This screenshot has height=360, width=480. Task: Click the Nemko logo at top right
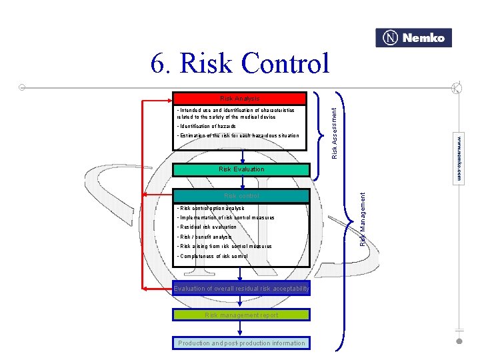coord(414,38)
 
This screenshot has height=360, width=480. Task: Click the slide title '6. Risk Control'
coord(240,64)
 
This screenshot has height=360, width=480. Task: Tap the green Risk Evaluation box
coord(241,169)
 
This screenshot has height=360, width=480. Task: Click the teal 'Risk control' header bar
coord(241,196)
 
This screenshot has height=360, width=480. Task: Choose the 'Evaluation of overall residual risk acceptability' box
coord(241,289)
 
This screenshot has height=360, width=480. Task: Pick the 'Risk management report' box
coord(241,315)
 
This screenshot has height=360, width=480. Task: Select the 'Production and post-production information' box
coord(241,343)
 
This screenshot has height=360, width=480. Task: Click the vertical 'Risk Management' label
coord(363,218)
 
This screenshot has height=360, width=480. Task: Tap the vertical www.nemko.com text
coord(459,159)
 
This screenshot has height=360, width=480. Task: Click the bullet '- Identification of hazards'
coord(207,126)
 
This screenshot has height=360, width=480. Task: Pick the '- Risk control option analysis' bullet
coord(211,209)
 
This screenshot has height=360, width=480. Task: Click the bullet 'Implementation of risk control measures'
coord(225,218)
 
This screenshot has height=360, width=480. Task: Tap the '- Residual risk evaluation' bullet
coord(207,227)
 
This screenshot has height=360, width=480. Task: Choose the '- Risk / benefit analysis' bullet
coord(205,237)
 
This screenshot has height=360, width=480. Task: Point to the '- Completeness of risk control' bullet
coord(212,256)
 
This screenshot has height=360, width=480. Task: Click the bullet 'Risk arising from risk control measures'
coord(224,247)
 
